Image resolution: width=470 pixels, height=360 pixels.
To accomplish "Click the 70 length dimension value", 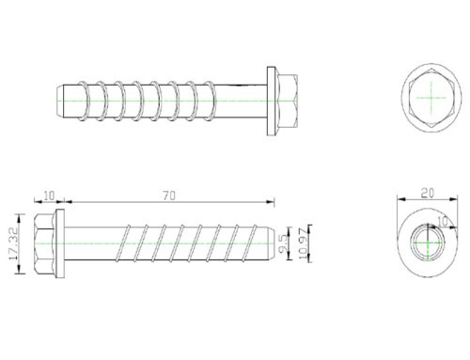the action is (x=169, y=196).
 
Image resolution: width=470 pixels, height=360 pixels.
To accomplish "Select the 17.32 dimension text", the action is (x=13, y=243).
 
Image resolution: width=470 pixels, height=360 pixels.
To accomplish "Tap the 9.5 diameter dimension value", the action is (x=282, y=243).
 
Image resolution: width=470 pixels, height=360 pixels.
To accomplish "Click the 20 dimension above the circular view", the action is (x=428, y=193).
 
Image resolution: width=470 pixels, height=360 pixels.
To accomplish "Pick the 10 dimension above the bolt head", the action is (x=49, y=196).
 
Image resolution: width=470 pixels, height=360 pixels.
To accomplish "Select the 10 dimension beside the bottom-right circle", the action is (x=443, y=222).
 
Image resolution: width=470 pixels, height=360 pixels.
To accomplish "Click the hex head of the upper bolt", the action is (x=287, y=101).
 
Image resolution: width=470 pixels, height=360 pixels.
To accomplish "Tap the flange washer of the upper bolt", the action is (x=272, y=101).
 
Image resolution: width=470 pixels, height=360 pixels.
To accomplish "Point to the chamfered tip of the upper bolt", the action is (x=60, y=101).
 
